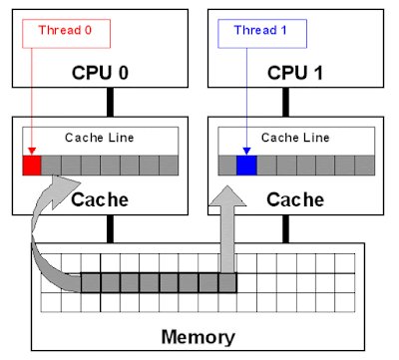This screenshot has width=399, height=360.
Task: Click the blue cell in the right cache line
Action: tap(245, 165)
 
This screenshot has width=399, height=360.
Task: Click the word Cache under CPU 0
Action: tap(100, 199)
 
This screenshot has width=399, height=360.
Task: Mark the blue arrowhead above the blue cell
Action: tap(245, 151)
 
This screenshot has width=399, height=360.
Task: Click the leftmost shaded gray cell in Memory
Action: tap(90, 282)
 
